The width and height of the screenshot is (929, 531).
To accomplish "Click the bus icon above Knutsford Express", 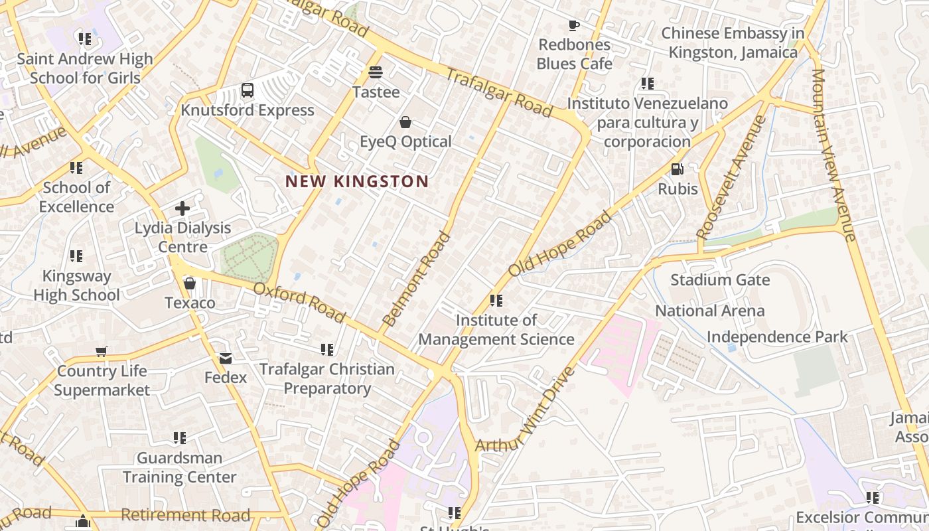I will tap(248, 90).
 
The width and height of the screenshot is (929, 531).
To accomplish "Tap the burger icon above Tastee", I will tap(376, 72).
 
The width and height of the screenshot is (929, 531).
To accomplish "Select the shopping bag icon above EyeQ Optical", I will tap(405, 122).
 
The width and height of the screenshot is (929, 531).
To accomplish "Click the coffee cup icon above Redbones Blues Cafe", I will tap(574, 26).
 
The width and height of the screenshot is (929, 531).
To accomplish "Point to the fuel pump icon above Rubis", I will tap(677, 169).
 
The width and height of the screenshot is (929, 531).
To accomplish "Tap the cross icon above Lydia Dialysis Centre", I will tap(182, 208).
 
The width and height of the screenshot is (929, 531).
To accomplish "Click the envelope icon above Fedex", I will tap(226, 358).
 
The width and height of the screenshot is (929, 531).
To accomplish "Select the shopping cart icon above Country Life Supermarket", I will tap(102, 351).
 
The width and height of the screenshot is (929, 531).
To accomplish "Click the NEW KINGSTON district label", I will tap(357, 181).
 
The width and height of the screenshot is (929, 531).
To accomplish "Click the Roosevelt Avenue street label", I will tap(732, 177).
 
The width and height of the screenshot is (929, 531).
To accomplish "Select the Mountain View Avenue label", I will tap(833, 154).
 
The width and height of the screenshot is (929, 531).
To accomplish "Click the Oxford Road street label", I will tap(299, 303).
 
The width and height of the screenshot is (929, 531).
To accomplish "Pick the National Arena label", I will tap(709, 311).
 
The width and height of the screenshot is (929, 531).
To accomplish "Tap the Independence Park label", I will tap(776, 337).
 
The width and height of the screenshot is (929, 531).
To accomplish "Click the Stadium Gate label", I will tap(720, 279).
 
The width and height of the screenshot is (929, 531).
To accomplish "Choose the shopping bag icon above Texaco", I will tap(190, 284).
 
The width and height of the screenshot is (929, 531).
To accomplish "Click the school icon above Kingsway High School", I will tap(76, 256).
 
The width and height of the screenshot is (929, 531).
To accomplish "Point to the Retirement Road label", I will tap(185, 515).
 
